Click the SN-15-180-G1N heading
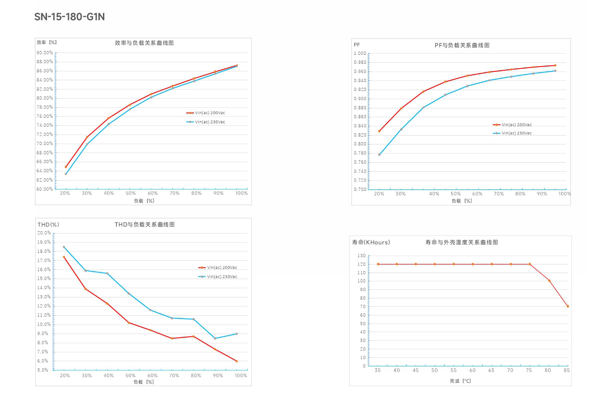[70, 17]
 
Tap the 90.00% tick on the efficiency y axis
[45, 53]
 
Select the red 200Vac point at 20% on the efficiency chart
[66, 167]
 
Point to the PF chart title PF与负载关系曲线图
[462, 45]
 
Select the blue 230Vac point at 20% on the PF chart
[379, 154]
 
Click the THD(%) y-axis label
[48, 225]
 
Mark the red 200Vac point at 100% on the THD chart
[236, 361]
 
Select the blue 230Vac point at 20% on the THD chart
[64, 247]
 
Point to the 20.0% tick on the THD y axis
[44, 233]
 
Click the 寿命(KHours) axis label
[371, 243]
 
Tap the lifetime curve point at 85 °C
[567, 306]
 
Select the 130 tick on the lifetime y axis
[361, 256]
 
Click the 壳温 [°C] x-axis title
[460, 381]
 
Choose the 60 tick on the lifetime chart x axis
[473, 371]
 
